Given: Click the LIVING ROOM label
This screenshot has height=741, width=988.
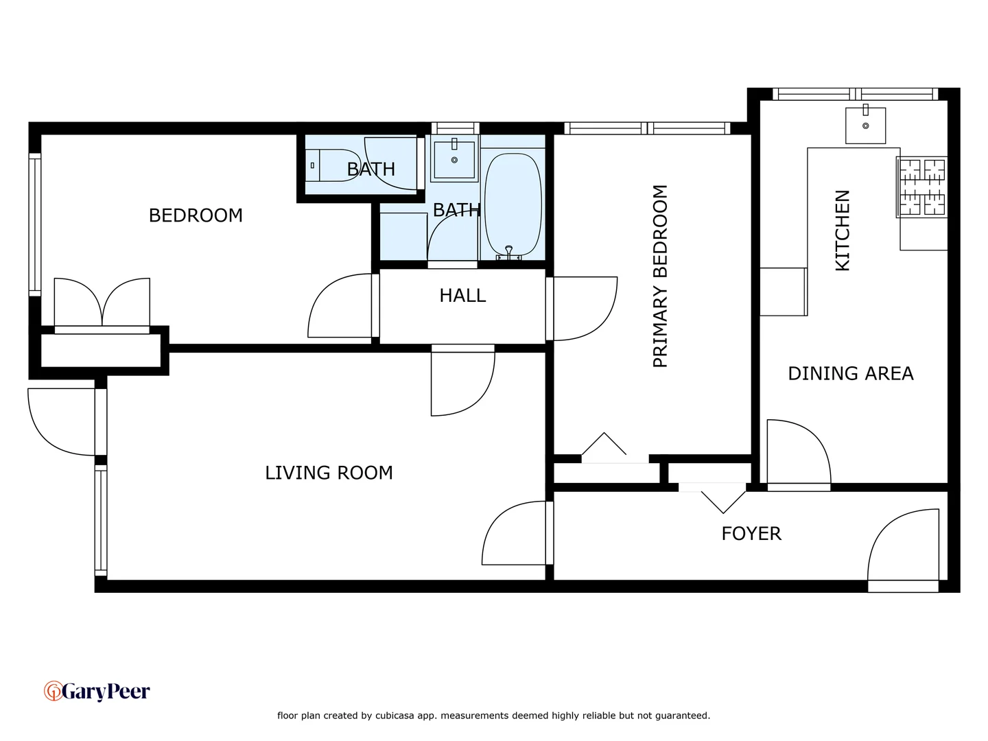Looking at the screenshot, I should point(329,473).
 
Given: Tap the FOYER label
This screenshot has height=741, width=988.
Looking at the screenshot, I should point(751,534).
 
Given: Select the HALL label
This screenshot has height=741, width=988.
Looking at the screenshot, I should point(462,296).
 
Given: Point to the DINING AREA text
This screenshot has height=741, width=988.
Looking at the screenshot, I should point(850,374).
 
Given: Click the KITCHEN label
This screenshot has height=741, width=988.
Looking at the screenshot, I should point(843,231).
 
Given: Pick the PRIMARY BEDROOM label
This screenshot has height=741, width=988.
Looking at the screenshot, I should point(660,277).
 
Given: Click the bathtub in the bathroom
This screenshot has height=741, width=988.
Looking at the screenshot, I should point(513,204).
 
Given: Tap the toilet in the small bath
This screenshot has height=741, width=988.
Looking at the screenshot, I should point(332,165).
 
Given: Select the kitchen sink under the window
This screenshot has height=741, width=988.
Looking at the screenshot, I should point(865,125).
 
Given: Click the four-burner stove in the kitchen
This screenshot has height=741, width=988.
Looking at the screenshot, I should point(922,187).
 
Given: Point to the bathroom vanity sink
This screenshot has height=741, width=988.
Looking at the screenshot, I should point(454,159).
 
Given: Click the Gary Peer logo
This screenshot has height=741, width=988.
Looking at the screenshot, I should point(97,692).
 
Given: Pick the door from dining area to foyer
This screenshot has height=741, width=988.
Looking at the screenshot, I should point(798,453).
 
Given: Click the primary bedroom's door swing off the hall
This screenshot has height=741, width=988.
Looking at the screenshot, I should point(583,308).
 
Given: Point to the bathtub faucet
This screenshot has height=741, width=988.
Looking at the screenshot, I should point(508,253).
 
